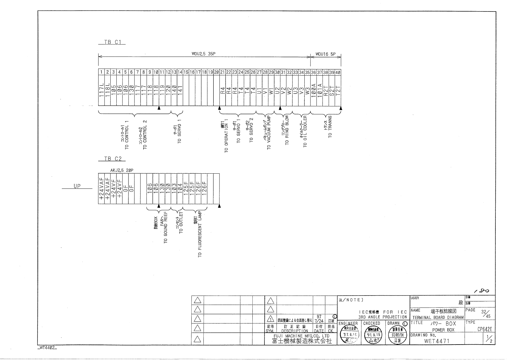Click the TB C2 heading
pyautogui.click(x=112, y=159)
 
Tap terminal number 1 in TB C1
pyautogui.click(x=101, y=72)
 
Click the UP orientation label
pyautogui.click(x=77, y=186)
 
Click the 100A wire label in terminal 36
pyautogui.click(x=314, y=90)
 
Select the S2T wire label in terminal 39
pyautogui.click(x=332, y=90)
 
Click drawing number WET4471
pyautogui.click(x=437, y=341)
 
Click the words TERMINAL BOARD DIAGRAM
pyautogui.click(x=437, y=317)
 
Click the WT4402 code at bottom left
pyautogui.click(x=47, y=348)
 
